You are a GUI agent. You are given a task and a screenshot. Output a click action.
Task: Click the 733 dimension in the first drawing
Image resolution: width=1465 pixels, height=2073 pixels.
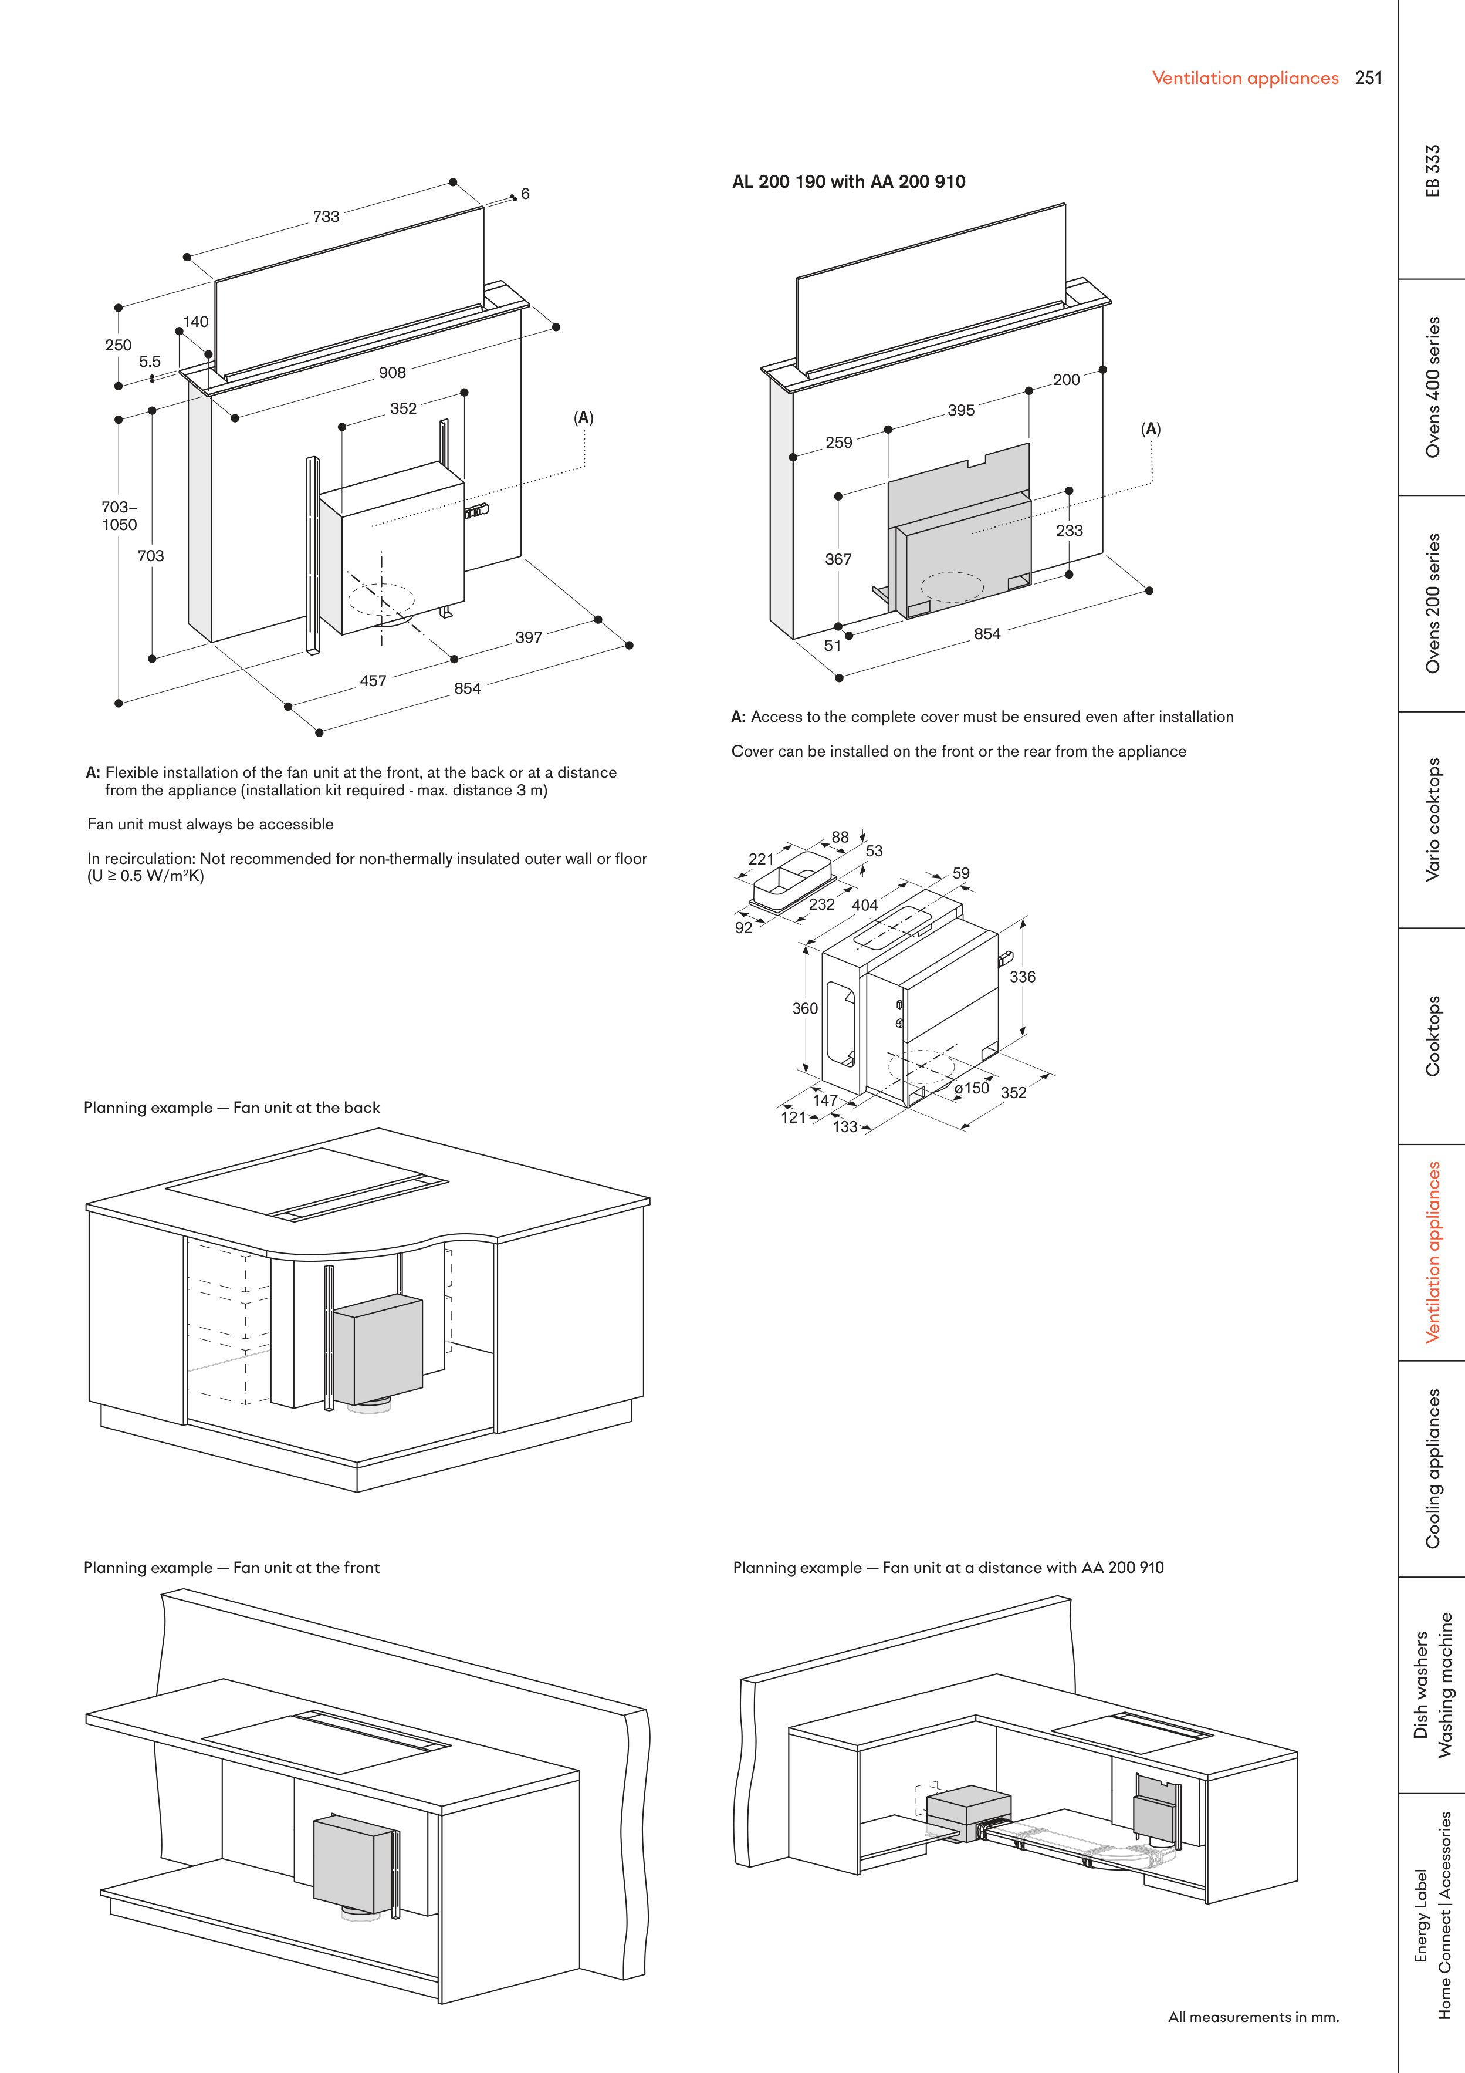[x=326, y=217]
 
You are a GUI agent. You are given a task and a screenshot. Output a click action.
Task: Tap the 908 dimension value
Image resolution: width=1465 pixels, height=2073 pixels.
[x=392, y=373]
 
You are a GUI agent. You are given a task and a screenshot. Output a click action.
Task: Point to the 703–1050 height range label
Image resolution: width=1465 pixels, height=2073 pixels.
[x=119, y=515]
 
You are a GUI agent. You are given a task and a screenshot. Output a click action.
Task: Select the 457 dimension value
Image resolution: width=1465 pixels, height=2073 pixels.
[x=373, y=681]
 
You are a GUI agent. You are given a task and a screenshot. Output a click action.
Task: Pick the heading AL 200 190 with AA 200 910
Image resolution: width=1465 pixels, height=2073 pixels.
[x=848, y=181]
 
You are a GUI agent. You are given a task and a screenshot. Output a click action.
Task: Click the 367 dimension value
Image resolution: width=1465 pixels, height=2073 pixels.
[x=838, y=560]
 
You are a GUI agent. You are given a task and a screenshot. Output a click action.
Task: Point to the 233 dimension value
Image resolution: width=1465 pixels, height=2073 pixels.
[x=1069, y=531]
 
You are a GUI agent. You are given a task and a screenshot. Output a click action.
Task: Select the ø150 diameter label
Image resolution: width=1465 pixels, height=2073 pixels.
[x=971, y=1088]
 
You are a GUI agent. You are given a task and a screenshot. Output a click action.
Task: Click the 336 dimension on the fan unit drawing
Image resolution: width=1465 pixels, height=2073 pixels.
[x=1022, y=977]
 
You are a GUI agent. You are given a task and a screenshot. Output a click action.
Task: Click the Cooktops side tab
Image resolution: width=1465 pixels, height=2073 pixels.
[x=1433, y=1035]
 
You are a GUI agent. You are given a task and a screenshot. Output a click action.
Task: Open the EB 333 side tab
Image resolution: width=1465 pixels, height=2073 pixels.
[x=1433, y=171]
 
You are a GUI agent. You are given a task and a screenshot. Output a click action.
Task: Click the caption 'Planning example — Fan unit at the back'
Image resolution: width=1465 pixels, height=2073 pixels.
[x=232, y=1108]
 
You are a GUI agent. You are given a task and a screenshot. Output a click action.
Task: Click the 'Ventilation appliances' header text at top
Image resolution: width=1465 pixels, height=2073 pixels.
[x=1245, y=79]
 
